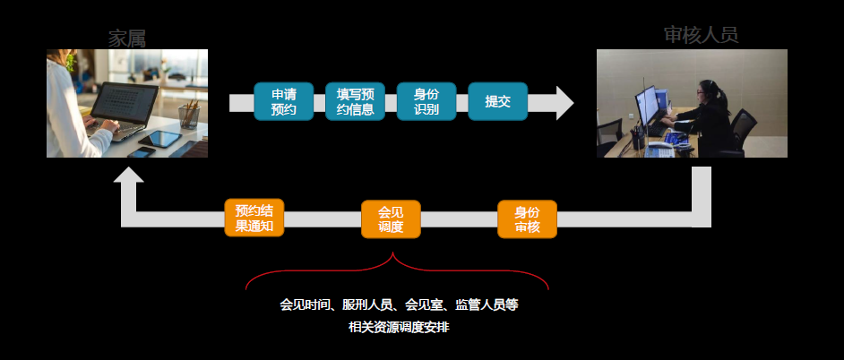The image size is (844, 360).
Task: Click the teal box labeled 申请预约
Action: [283, 101]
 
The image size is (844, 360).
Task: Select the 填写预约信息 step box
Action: [355, 101]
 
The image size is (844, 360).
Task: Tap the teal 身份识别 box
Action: [426, 101]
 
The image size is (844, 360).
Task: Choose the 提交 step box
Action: [497, 101]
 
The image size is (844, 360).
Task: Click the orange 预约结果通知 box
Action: [254, 219]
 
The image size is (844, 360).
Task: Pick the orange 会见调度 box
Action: [391, 219]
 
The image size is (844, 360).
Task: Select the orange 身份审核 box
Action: [527, 219]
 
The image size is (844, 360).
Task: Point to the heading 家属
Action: [127, 38]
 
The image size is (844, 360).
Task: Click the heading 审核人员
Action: [701, 35]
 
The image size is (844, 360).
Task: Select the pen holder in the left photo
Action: [189, 115]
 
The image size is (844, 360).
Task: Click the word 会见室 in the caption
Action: [425, 304]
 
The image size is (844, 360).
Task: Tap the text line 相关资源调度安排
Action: [399, 327]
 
